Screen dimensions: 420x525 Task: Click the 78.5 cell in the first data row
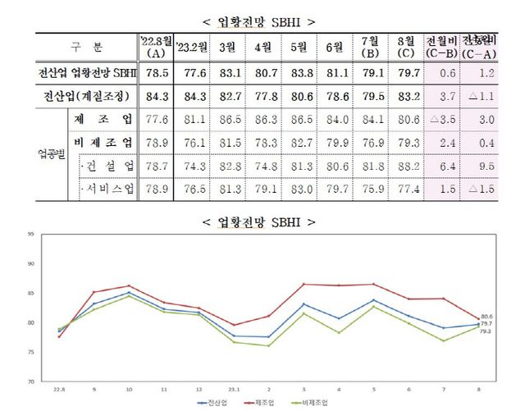(155, 73)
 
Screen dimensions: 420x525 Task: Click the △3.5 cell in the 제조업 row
(443, 120)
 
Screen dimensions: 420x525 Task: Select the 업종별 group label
(50, 155)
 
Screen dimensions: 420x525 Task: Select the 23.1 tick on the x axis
(234, 389)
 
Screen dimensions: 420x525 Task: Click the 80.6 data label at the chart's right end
(486, 316)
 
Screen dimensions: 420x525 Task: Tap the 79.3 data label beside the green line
(486, 331)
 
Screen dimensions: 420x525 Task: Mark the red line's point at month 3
(304, 285)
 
